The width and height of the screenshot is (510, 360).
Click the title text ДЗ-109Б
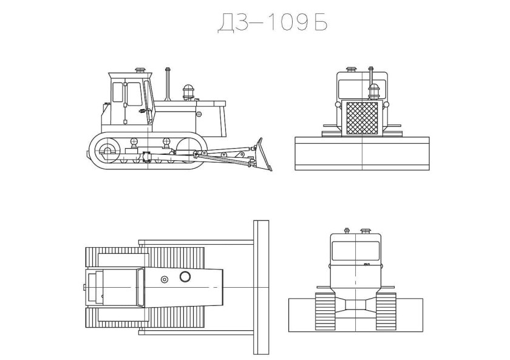[272, 22]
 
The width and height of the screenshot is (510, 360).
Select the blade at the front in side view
[265, 155]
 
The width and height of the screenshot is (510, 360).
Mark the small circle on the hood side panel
[199, 113]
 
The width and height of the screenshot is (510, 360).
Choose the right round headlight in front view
[386, 106]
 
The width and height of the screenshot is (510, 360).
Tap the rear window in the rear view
[355, 251]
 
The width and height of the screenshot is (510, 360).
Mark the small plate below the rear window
[367, 265]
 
